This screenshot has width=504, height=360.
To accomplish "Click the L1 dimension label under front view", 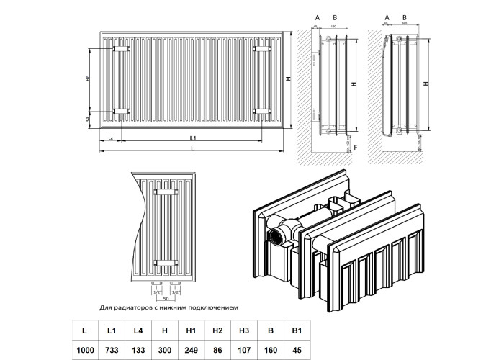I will [x=194, y=137].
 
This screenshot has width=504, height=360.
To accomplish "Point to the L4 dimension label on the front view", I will [x=110, y=137].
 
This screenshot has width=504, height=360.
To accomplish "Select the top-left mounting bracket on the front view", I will [x=120, y=48].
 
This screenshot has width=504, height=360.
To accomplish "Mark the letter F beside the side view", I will [x=357, y=146].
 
